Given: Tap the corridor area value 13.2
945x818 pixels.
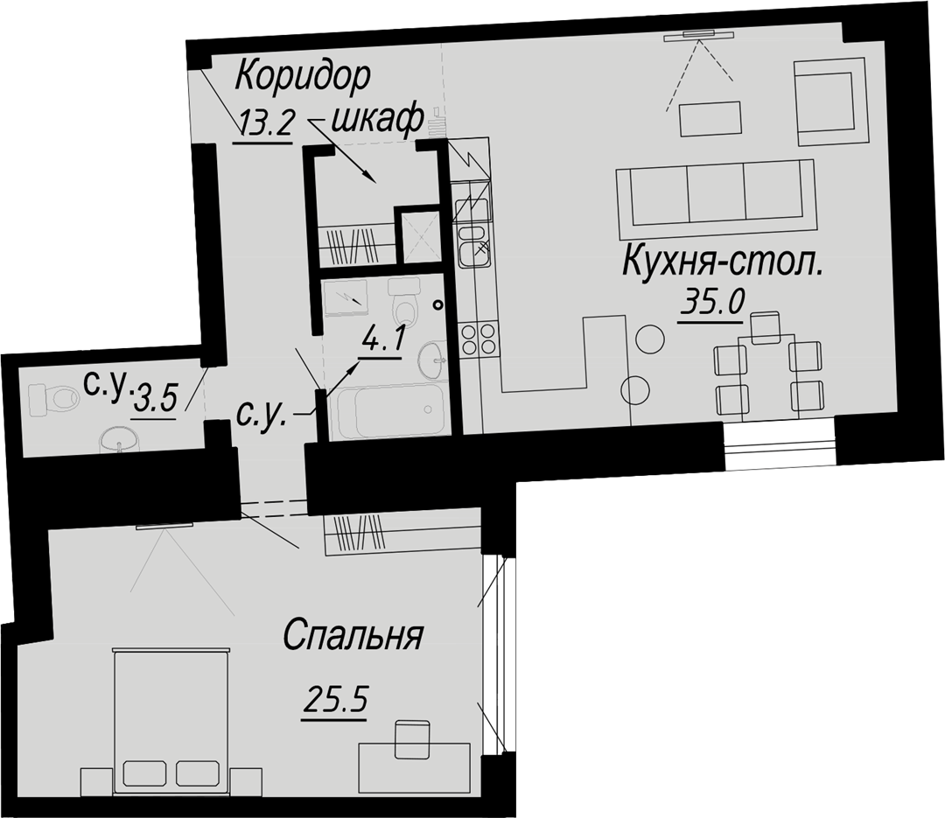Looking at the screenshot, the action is [266, 125].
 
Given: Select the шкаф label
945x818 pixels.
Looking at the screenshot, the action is [376, 121].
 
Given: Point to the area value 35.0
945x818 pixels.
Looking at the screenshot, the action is [713, 302].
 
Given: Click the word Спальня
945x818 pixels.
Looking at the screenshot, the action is [353, 635].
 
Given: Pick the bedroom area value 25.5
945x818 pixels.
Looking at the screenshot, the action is [336, 701].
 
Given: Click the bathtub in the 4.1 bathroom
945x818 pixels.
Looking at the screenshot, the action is [391, 411].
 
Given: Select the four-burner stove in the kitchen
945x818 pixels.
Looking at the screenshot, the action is [478, 339].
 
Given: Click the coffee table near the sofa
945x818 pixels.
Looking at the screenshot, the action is [710, 119].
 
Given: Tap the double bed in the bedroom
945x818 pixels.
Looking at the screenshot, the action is [171, 718].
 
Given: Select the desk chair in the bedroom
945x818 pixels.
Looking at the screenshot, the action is [412, 739].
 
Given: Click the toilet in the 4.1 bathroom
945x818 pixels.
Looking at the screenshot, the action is [404, 302].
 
